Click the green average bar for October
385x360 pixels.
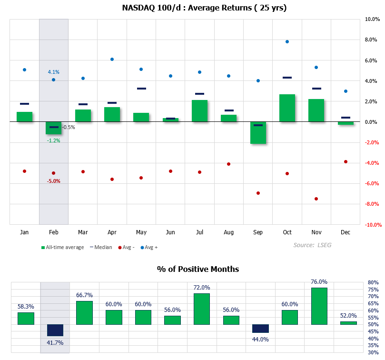(x=287, y=108)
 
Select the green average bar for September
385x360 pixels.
(x=258, y=132)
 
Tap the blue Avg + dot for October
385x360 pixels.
(x=287, y=41)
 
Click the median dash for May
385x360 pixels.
(x=141, y=89)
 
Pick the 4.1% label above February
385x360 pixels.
(x=53, y=72)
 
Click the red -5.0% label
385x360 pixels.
(x=53, y=181)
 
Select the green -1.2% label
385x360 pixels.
(x=53, y=140)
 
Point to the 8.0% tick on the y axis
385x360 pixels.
(x=371, y=40)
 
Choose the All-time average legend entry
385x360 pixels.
(x=63, y=247)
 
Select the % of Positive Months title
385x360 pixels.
(x=198, y=269)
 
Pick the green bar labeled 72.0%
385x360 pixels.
(x=202, y=309)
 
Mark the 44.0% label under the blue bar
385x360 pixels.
(x=260, y=340)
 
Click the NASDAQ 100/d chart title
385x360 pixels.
(x=198, y=8)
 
